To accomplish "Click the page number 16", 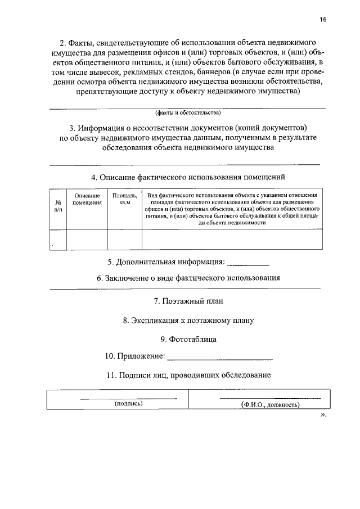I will pos(322,19).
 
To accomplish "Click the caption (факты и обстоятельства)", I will pos(188,112).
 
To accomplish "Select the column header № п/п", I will pos(58,205).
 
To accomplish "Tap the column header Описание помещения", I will pos(87,199).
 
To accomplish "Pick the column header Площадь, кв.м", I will pos(124,199).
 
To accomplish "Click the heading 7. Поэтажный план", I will pos(188,301).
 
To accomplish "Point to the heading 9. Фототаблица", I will pos(188,339).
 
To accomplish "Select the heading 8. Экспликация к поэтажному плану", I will pos(188,321).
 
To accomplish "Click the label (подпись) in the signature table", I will pos(128,403).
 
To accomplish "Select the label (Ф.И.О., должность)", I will pos(269,404).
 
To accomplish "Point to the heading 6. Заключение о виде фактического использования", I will pos(188,278).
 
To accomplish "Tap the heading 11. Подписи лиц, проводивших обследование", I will pos(188,375).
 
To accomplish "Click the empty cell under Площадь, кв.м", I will pos(124,240).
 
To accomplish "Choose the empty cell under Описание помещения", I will pos(87,240).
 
